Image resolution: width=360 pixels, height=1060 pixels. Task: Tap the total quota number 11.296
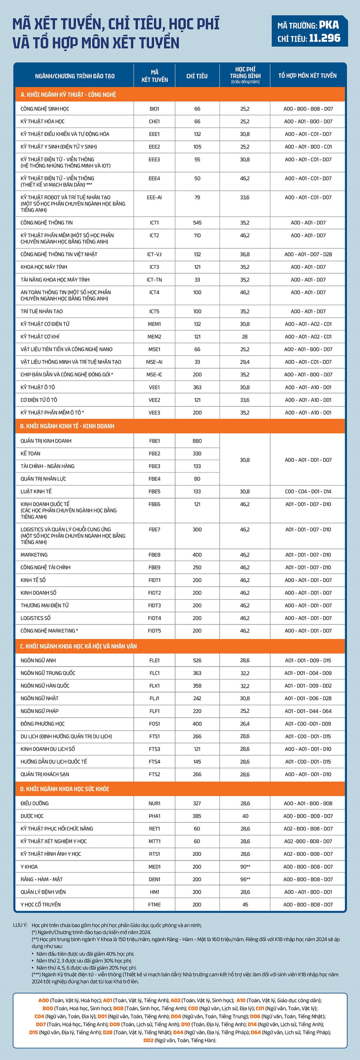[x=325, y=38]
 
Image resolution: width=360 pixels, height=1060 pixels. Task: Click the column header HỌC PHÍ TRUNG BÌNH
[x=245, y=75]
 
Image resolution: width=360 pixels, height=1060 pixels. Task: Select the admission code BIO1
[x=154, y=109]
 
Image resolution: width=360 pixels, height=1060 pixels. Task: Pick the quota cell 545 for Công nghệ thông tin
[x=197, y=223]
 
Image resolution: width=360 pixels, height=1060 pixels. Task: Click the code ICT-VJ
[x=154, y=254]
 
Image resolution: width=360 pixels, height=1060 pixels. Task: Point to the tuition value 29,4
[x=245, y=362]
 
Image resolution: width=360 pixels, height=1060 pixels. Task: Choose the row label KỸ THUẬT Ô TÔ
[x=38, y=387]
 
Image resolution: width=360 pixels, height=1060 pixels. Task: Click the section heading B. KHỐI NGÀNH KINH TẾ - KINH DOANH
[x=67, y=426]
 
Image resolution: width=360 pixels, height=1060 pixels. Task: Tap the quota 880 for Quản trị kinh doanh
[x=197, y=441]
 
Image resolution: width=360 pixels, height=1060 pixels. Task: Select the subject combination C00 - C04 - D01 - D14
[x=308, y=491]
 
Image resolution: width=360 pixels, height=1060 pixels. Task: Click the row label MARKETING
[x=34, y=555]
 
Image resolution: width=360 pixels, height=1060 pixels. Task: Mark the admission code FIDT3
[x=154, y=605]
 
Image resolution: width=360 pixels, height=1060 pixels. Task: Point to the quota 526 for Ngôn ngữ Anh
[x=197, y=661]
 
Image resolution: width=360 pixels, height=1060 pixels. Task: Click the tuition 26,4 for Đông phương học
[x=245, y=724]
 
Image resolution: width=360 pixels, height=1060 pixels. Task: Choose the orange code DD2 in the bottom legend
[x=148, y=1040]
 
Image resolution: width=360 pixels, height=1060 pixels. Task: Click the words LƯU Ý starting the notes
[x=20, y=925]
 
